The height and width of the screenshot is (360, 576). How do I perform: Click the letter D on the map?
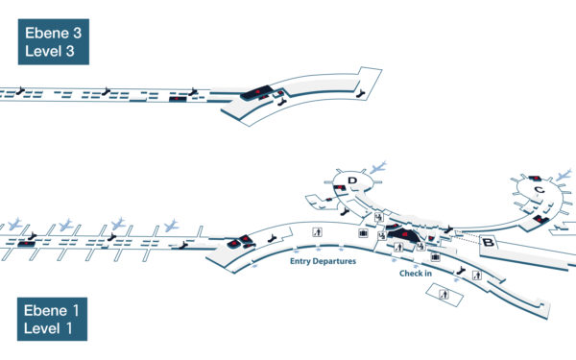353,180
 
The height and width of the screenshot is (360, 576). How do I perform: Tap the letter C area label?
540,192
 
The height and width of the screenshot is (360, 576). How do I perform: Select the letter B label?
488,244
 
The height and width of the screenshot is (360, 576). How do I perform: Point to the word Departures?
337,260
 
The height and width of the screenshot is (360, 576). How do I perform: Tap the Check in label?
415,274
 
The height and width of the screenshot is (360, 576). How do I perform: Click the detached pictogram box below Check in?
444,295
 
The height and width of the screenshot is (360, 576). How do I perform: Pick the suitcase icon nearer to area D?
363,232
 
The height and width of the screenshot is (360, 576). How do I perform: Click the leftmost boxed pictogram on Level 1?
318,230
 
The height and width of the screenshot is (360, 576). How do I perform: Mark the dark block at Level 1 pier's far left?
25,243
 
